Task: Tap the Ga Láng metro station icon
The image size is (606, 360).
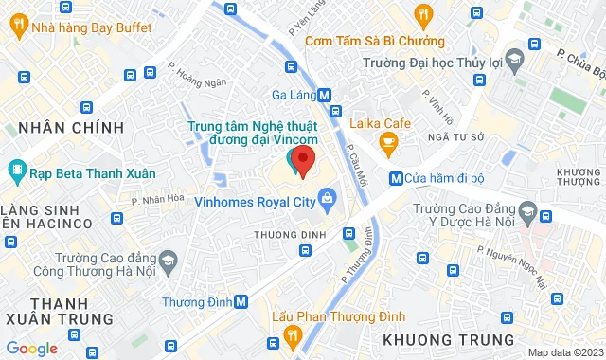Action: point(325,95)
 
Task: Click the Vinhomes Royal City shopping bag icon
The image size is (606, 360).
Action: point(327,200)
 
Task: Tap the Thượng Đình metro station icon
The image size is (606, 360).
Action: point(241,301)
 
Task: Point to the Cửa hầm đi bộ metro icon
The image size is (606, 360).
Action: point(395,178)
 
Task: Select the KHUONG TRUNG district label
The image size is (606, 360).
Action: point(449,339)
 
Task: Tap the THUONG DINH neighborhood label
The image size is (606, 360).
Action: point(290,234)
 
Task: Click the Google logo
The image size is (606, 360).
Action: point(31,348)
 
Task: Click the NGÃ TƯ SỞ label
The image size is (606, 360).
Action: point(429,136)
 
